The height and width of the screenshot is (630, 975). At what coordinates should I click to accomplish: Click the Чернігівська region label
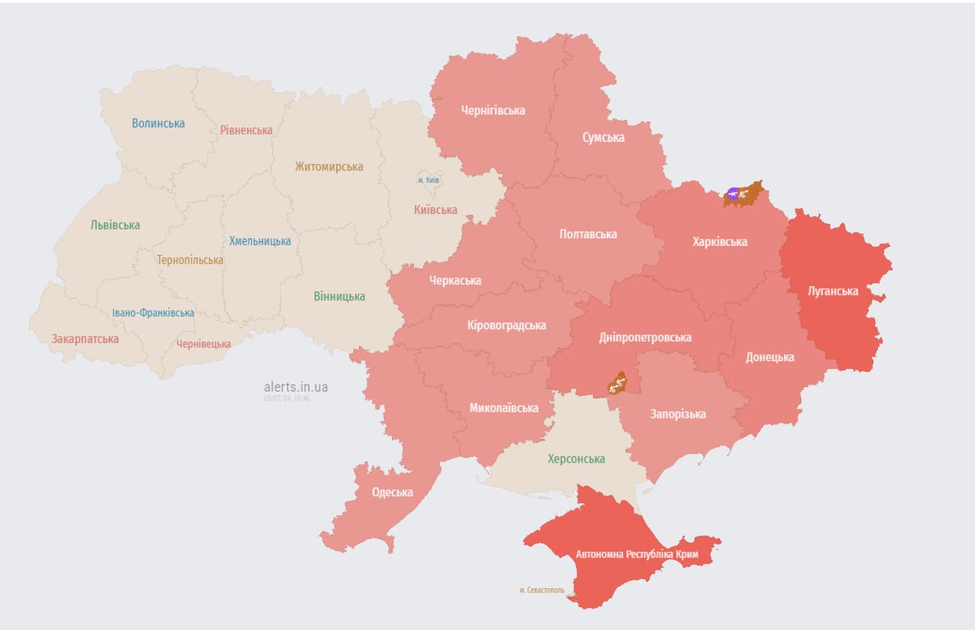(x=493, y=110)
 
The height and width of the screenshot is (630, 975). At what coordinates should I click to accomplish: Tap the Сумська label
(x=603, y=137)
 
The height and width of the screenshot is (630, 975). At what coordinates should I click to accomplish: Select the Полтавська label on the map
(x=588, y=234)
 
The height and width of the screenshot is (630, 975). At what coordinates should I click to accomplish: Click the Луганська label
(x=832, y=291)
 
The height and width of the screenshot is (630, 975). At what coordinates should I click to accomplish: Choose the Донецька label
(x=769, y=357)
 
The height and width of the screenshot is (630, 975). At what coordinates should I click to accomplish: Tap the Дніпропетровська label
(x=645, y=337)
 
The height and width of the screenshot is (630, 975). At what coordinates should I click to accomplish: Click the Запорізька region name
(x=677, y=413)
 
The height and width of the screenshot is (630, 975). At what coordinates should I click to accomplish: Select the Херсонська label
(x=576, y=459)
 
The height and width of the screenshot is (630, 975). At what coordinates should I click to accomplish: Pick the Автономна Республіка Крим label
(x=636, y=554)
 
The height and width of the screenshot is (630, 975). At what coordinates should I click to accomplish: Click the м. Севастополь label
(x=541, y=590)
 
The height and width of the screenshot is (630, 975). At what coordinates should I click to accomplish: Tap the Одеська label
(x=392, y=492)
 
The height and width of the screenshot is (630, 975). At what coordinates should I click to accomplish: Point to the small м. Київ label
(x=428, y=180)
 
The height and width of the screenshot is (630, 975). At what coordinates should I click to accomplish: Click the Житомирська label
(x=329, y=167)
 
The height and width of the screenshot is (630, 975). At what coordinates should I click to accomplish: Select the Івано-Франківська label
(x=153, y=313)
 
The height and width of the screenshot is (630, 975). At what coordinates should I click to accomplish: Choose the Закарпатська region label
(x=84, y=339)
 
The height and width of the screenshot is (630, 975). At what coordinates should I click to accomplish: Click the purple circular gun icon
(x=732, y=194)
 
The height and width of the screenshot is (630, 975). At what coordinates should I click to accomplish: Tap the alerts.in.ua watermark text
(x=295, y=386)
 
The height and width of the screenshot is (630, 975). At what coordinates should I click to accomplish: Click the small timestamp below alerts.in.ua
(x=286, y=399)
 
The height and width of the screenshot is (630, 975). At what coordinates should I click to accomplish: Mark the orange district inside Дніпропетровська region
(x=617, y=382)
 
